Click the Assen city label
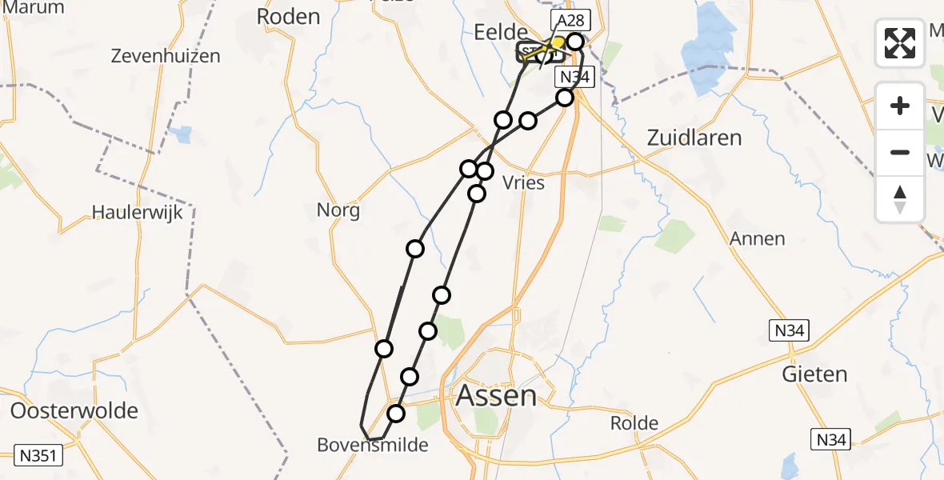496,395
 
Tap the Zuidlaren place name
694,138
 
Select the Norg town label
338,211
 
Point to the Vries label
523,183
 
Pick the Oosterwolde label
74,411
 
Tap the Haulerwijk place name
138,213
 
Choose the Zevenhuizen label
166,57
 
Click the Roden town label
288,16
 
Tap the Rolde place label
634,423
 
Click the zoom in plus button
900,106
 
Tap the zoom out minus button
900,152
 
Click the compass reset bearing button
900,198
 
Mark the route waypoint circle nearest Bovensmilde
396,413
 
